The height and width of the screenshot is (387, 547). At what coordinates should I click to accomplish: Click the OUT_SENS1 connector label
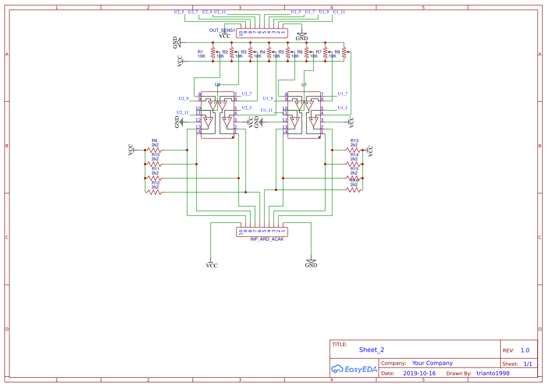click(x=222, y=30)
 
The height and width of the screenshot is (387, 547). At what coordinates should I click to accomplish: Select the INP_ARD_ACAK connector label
click(x=267, y=239)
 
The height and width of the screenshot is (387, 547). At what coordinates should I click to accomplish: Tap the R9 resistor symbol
click(x=154, y=150)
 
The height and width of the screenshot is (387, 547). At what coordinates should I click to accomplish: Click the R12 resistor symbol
click(x=154, y=192)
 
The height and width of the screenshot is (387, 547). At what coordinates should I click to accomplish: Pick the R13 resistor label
click(x=354, y=141)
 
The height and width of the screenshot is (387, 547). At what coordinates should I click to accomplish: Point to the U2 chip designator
click(x=218, y=85)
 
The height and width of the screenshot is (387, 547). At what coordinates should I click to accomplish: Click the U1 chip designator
click(x=304, y=85)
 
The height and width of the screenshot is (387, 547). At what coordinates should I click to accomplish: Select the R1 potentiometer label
click(x=200, y=52)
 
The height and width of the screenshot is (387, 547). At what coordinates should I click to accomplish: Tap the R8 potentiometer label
click(x=337, y=52)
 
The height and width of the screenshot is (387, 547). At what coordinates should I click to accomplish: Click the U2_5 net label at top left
click(x=179, y=12)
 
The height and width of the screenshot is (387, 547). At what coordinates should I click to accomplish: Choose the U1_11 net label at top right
click(x=339, y=12)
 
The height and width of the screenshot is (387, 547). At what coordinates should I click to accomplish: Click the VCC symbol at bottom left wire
click(x=212, y=265)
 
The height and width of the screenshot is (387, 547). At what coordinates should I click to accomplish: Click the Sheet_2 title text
click(x=372, y=350)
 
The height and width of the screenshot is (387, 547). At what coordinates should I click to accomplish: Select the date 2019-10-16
click(x=419, y=373)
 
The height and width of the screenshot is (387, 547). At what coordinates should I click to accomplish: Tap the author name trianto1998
click(x=493, y=373)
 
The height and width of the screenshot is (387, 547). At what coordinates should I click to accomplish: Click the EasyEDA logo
click(x=354, y=369)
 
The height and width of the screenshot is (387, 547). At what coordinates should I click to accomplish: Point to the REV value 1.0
click(x=525, y=350)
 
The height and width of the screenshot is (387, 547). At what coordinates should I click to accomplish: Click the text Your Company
click(x=432, y=363)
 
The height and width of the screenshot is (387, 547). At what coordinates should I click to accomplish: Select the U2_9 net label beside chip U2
click(x=183, y=99)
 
